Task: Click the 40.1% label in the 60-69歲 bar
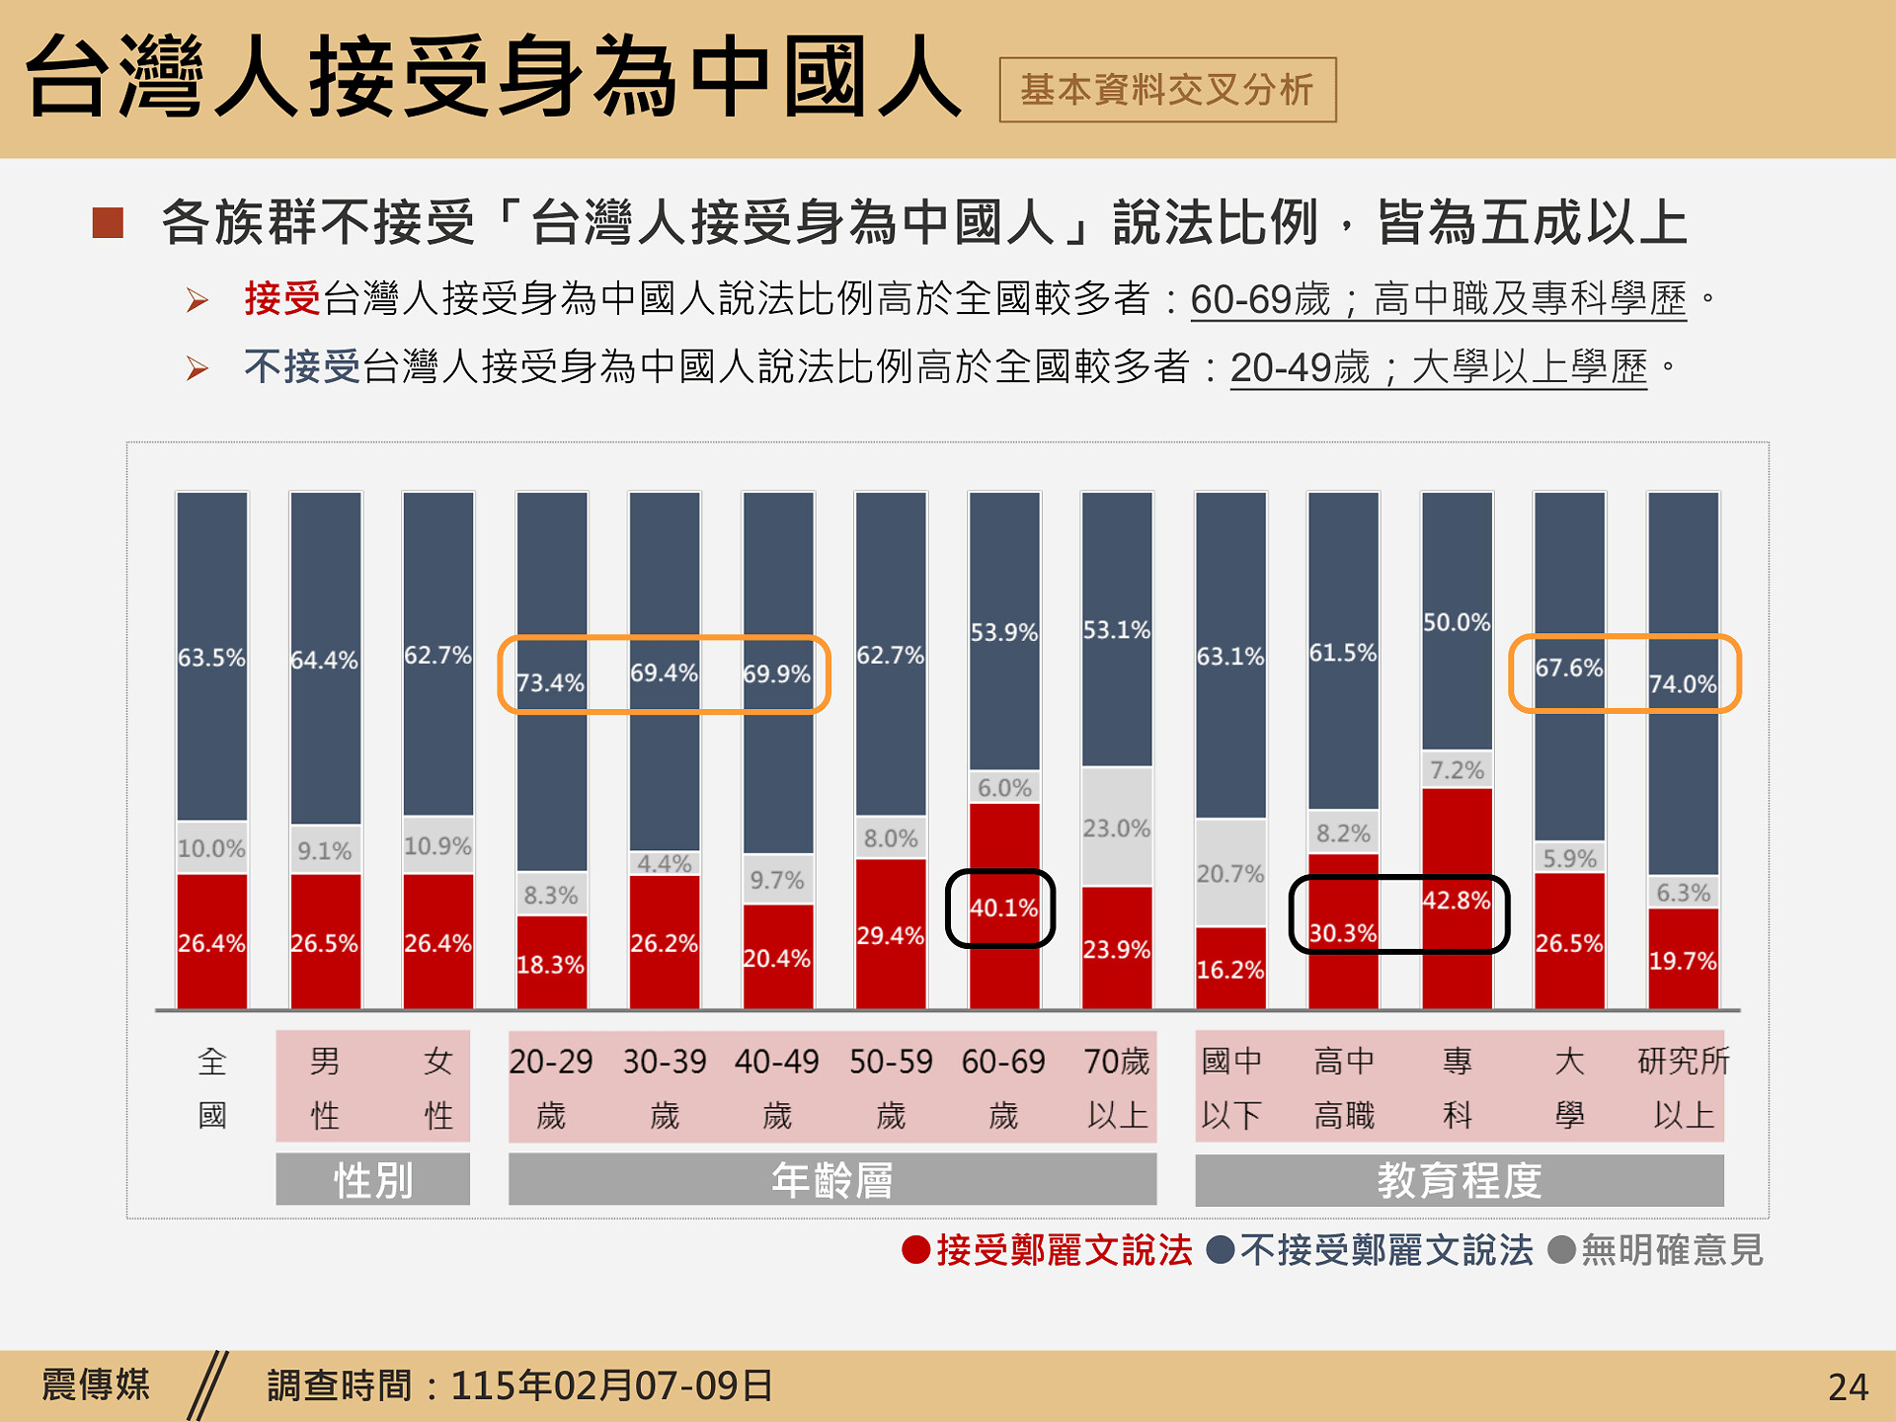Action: pos(1003,908)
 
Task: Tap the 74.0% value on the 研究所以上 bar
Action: pos(1683,683)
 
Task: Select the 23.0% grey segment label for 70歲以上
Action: pos(1117,828)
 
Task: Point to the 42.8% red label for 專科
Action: pos(1457,900)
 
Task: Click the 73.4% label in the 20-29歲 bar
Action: pos(551,682)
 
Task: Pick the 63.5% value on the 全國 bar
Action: pos(211,658)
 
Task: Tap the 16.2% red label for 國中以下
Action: pos(1230,970)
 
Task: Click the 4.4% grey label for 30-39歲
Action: pos(665,863)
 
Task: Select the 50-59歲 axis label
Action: pos(891,1087)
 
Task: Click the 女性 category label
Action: pos(438,1087)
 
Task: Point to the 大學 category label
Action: pos(1569,1087)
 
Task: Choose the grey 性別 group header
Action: pos(372,1180)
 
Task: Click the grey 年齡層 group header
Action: pos(831,1180)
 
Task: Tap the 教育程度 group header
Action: pos(1459,1180)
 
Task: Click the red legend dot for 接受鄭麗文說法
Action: pos(915,1250)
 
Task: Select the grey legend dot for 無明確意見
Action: pos(1561,1250)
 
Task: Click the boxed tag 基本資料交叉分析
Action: pos(1167,90)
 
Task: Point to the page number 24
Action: pos(1848,1387)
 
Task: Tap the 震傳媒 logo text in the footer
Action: pos(96,1384)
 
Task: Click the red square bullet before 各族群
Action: pos(108,222)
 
